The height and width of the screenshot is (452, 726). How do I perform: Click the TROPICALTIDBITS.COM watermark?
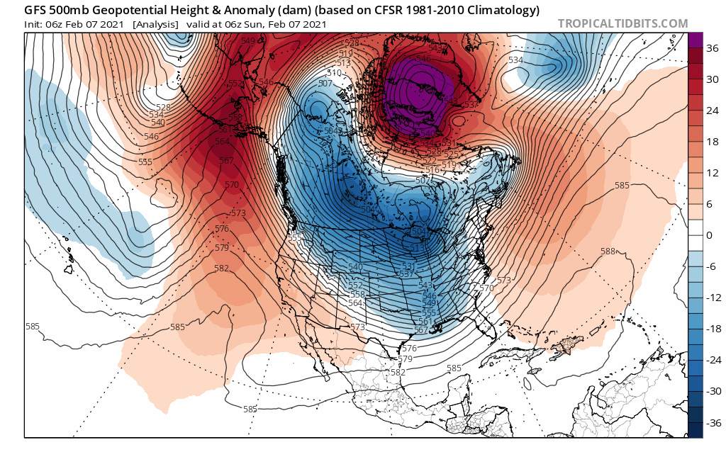point(622,24)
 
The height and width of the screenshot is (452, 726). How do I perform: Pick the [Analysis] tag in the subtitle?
point(155,24)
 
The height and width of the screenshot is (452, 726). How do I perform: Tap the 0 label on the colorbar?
point(709,235)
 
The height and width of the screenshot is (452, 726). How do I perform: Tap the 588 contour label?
point(608,252)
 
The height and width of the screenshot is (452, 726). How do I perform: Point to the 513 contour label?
point(344,63)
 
